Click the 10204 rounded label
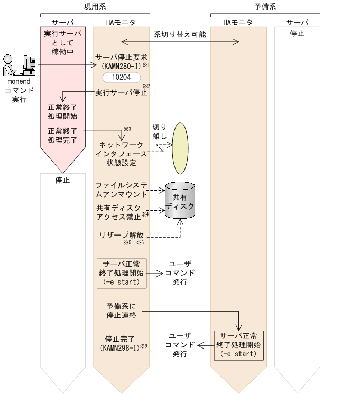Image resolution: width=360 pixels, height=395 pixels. tap(121, 78)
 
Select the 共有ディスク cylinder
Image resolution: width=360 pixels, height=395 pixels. tap(180, 201)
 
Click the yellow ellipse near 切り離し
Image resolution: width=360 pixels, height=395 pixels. tap(181, 148)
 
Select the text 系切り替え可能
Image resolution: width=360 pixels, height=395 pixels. tap(180, 35)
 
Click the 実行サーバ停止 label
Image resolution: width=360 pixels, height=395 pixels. tap(121, 92)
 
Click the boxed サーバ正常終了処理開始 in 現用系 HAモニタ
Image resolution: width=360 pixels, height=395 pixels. tap(122, 273)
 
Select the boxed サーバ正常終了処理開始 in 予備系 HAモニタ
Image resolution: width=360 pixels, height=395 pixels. tap(238, 345)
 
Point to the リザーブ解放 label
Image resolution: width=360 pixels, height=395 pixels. tap(122, 234)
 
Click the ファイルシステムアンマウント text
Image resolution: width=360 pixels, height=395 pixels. tap(121, 190)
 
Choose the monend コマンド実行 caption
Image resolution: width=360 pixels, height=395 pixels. tap(19, 91)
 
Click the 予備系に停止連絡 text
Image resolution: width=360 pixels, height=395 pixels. tap(121, 311)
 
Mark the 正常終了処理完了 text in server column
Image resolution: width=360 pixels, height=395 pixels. tap(62, 136)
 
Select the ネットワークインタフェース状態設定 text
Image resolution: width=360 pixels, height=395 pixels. tap(122, 153)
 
